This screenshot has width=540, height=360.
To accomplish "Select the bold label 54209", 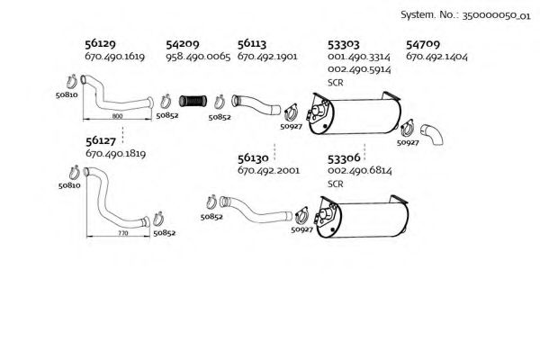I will click(x=183, y=43).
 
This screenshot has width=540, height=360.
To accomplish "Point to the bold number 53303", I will click(x=345, y=43).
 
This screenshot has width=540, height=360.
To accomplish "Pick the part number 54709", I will click(x=423, y=43).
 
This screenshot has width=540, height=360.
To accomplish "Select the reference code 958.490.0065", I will click(x=199, y=56).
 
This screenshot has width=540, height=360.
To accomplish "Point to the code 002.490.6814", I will click(x=360, y=170).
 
